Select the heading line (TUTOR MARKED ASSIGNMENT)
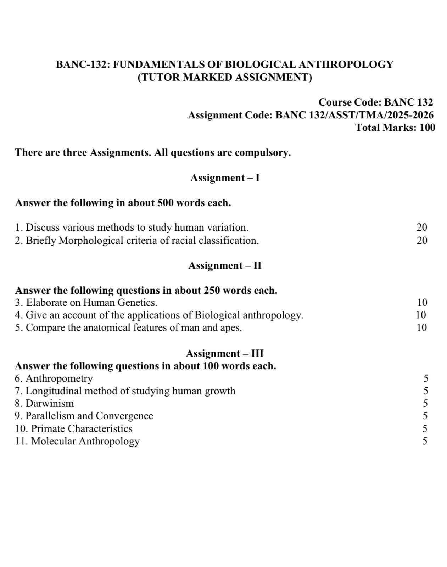tap(225, 77)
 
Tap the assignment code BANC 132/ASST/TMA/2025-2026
tap(354, 115)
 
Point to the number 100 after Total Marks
tap(427, 128)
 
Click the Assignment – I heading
tap(225, 178)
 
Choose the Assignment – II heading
tap(225, 265)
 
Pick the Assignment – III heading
tap(225, 353)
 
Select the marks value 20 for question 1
tap(422, 227)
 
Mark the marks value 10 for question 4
tap(421, 315)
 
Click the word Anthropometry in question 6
tap(59, 378)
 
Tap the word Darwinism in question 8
tap(50, 403)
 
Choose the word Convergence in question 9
tap(124, 416)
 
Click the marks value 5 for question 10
tap(425, 428)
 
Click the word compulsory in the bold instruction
tap(263, 153)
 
